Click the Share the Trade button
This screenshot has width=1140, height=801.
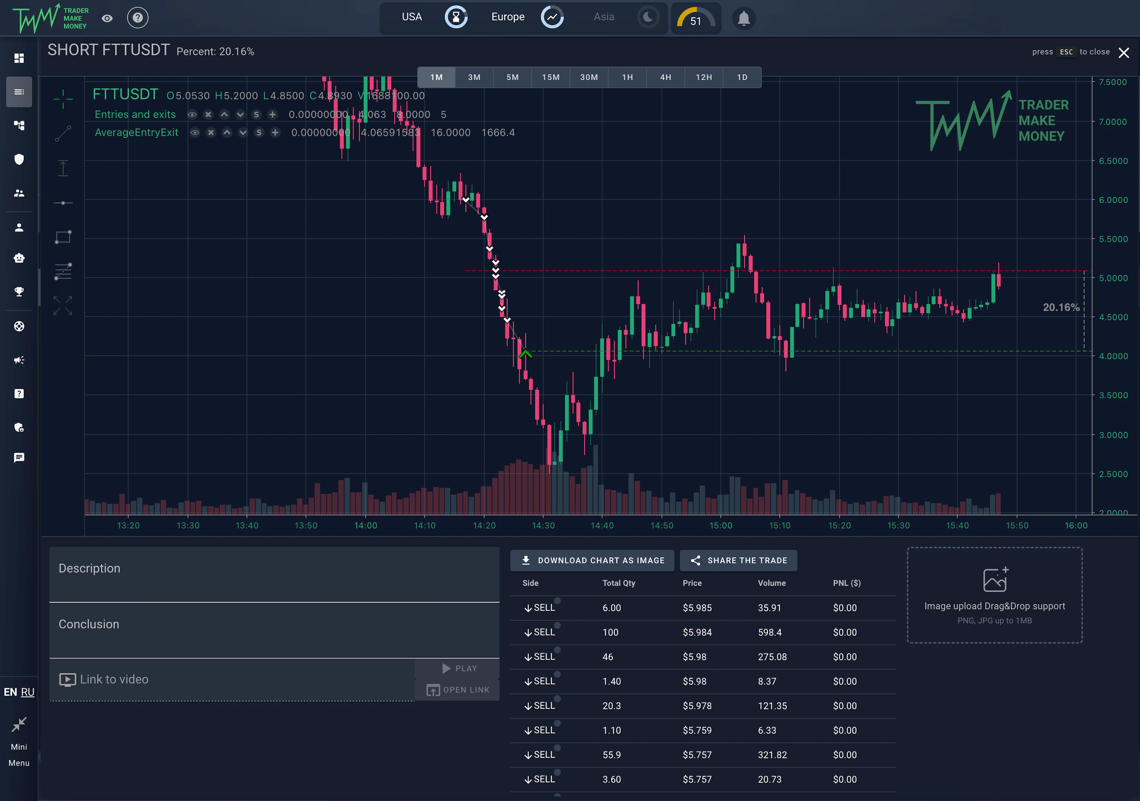point(738,560)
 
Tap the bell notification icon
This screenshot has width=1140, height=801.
point(743,19)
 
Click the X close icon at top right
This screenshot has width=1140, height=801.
point(1124,53)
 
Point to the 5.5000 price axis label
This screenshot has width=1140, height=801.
point(1113,239)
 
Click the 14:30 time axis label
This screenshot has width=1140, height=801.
point(543,525)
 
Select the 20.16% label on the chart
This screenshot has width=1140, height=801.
point(1061,307)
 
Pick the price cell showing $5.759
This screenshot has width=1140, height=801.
point(697,730)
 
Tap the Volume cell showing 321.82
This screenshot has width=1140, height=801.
point(772,755)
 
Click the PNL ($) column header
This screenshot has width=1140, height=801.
point(846,583)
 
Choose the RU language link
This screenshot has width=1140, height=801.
point(28,692)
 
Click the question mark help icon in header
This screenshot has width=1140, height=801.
point(138,18)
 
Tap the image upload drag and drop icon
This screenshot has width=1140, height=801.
point(995,579)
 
